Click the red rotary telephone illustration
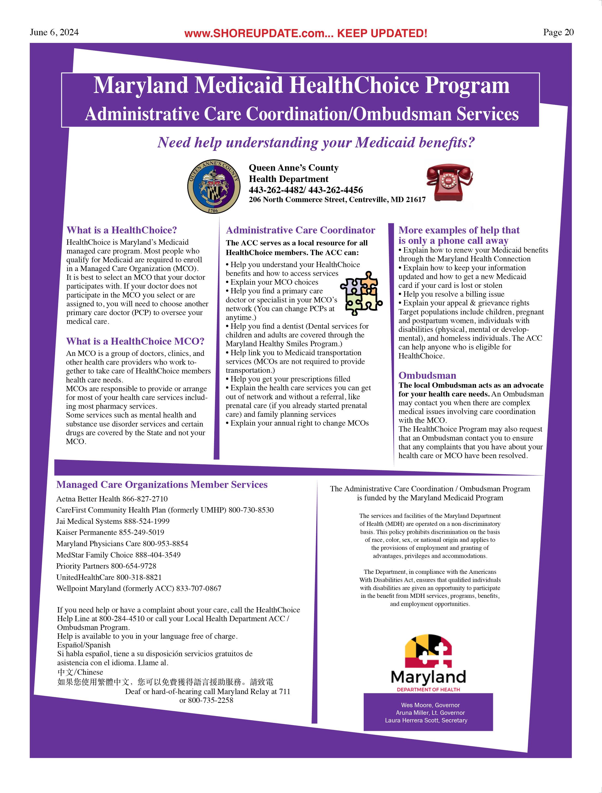tap(449, 183)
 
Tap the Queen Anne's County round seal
tap(213, 186)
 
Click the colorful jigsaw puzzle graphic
tap(361, 293)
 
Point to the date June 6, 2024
tap(54, 32)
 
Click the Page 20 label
tap(558, 32)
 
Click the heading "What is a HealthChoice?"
tap(122, 230)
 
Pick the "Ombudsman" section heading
tap(427, 375)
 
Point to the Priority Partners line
tap(106, 566)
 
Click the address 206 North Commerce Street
tap(337, 200)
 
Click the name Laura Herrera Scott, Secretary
tap(426, 720)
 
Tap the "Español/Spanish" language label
tap(84, 645)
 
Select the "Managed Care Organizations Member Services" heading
tap(162, 485)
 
